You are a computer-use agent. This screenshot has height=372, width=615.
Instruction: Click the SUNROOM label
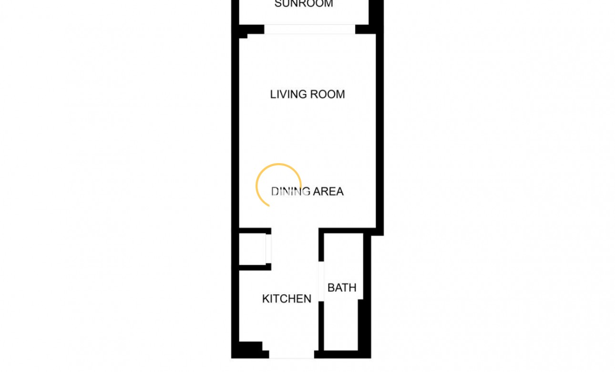coord(304,4)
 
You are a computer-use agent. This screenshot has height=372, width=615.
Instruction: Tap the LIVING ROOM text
coord(307,94)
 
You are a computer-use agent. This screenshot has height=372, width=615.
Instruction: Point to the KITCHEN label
coord(287,299)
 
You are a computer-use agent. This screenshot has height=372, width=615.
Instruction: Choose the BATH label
coord(342,288)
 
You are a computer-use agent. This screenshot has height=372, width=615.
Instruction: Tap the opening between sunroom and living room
coord(310,30)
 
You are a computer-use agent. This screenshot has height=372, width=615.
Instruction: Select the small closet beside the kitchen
coord(251,248)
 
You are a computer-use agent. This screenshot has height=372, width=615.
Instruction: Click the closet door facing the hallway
coord(268,248)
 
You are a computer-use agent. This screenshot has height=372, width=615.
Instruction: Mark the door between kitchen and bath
coord(321,281)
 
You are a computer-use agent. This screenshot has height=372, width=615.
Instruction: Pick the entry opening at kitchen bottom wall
coord(291,354)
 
